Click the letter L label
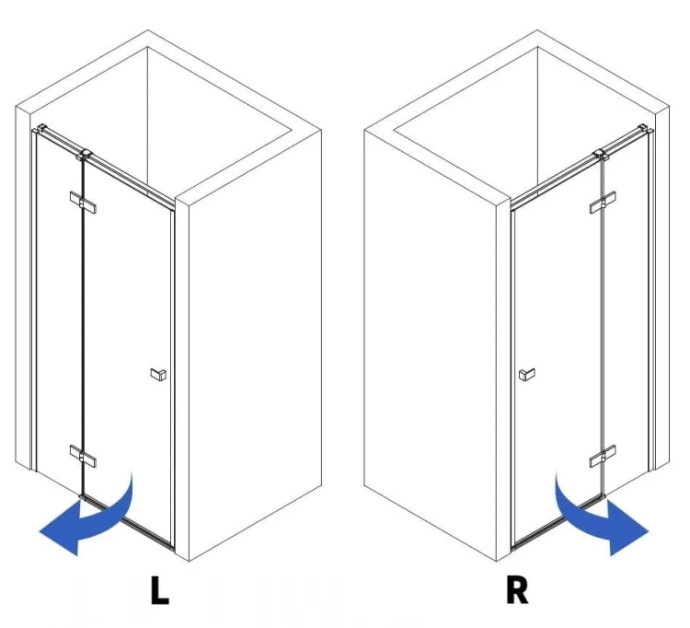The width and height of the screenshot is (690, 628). [x=159, y=589]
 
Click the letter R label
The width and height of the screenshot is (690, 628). [x=517, y=589]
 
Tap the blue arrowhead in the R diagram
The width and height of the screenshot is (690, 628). [x=627, y=528]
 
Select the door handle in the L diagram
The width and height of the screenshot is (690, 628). [x=158, y=375]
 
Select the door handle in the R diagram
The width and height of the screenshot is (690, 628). [x=527, y=375]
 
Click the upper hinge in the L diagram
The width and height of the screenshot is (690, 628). [x=83, y=203]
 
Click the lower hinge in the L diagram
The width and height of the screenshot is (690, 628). [x=83, y=456]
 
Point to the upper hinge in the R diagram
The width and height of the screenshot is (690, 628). [x=603, y=203]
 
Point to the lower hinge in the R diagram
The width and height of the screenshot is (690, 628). [x=603, y=456]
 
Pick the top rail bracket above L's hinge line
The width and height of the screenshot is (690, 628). [x=84, y=155]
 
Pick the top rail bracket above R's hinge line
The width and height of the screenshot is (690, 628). [x=601, y=155]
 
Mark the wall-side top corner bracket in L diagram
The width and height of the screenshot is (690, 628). [x=41, y=129]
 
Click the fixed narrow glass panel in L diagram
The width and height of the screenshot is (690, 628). [x=59, y=308]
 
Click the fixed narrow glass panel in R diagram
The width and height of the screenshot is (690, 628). [x=627, y=308]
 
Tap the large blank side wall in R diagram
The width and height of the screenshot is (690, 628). [x=431, y=343]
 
